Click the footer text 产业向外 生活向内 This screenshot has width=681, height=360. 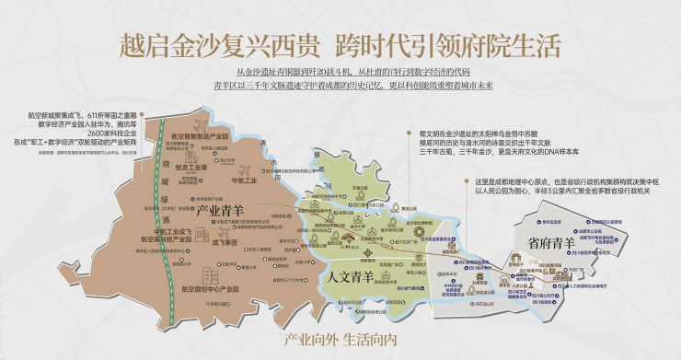pos(340,337)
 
